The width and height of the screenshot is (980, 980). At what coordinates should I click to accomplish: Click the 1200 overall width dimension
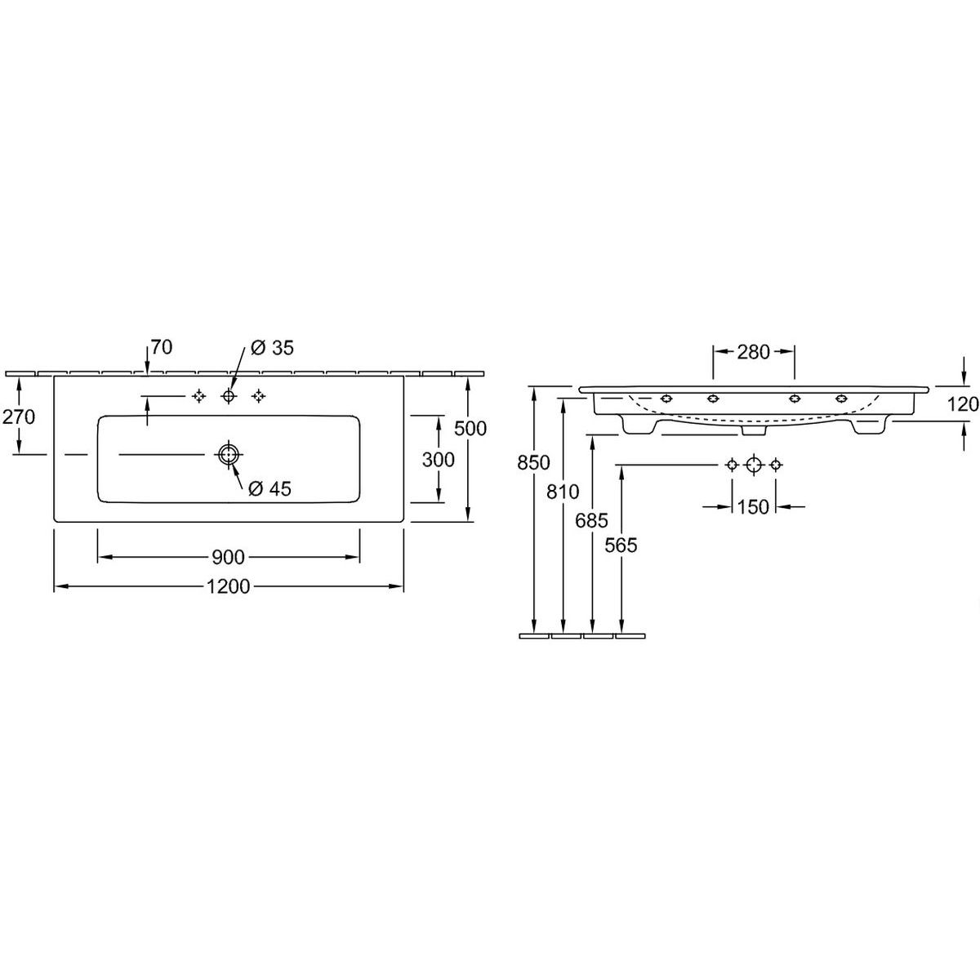(229, 587)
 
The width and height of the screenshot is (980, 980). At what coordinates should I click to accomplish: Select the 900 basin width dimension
(229, 558)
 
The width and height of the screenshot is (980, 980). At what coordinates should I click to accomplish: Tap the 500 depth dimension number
(470, 429)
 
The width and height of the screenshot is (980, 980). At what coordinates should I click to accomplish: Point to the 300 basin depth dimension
(438, 460)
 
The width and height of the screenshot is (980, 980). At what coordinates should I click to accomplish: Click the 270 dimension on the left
(19, 417)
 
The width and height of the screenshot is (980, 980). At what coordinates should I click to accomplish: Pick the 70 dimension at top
(162, 347)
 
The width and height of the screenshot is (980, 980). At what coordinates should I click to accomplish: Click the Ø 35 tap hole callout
(273, 348)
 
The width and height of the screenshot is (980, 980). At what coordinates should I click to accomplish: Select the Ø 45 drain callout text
(269, 489)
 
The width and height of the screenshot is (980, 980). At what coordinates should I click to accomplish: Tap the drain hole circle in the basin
(229, 454)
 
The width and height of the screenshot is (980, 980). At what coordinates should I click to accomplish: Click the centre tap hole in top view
(229, 395)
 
